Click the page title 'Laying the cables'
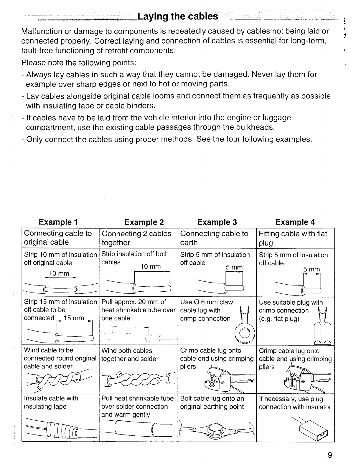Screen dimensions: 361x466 click(x=178, y=16)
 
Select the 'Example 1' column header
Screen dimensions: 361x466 click(x=58, y=222)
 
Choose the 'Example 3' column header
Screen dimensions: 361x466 click(x=217, y=222)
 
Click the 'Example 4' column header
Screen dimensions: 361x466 click(x=295, y=222)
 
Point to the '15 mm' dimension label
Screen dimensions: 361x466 click(x=74, y=318)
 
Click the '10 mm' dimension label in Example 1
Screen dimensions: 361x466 click(x=59, y=273)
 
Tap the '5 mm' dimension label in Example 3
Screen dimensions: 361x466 click(x=234, y=267)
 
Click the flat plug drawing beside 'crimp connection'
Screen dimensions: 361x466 click(x=322, y=326)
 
